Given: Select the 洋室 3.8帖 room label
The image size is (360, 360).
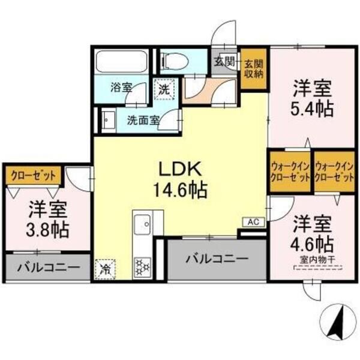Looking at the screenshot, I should coord(48,218).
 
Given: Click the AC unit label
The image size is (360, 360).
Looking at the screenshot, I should coord(253,222).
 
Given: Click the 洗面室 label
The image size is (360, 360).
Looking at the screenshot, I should coord(143,119).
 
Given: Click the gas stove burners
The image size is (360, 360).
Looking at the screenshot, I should coord(143,267).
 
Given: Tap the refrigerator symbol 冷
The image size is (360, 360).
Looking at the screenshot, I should coord(105,268).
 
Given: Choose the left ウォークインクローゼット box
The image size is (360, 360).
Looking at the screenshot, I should coord(290,172).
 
